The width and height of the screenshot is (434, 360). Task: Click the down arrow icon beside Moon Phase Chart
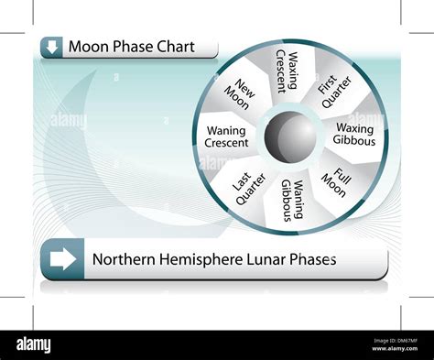(51, 47)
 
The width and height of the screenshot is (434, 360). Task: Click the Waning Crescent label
(226, 138)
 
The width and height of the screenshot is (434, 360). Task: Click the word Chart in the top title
(175, 47)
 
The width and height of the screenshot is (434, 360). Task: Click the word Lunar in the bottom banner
(268, 259)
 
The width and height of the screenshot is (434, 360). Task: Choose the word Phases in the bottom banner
(315, 259)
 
